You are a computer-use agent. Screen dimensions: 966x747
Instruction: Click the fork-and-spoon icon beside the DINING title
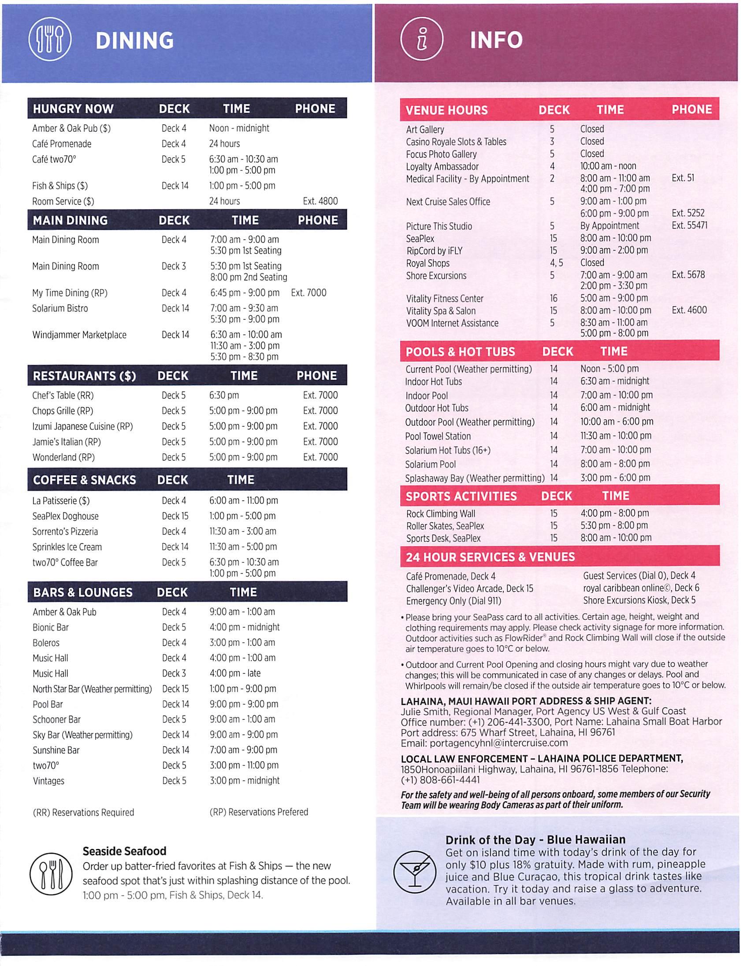(x=49, y=40)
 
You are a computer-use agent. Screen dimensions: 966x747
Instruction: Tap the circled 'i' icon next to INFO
(x=422, y=40)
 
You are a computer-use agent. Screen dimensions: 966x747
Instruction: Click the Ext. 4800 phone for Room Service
(x=320, y=201)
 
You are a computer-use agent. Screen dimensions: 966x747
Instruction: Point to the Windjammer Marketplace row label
(x=79, y=335)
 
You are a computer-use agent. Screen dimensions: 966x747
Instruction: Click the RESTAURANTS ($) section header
(x=85, y=376)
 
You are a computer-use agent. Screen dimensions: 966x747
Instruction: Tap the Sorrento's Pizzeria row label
(x=65, y=532)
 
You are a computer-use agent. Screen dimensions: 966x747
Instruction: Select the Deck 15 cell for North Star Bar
(x=175, y=688)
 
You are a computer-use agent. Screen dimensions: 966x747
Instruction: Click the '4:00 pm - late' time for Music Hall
(x=235, y=673)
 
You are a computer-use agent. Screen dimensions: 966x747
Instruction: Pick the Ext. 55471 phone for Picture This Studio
(x=689, y=226)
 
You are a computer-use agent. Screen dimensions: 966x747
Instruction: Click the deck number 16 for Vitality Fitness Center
(x=553, y=299)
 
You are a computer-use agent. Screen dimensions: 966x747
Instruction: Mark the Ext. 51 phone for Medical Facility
(x=683, y=178)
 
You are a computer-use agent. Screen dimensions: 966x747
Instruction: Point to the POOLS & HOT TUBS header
(x=460, y=352)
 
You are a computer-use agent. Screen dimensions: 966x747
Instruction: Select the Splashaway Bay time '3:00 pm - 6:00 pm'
(x=615, y=477)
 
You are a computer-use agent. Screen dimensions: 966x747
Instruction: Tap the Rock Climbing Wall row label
(x=440, y=514)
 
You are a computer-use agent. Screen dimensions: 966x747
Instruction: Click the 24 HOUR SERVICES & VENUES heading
(x=490, y=557)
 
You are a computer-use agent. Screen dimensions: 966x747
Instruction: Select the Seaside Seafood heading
(x=124, y=851)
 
